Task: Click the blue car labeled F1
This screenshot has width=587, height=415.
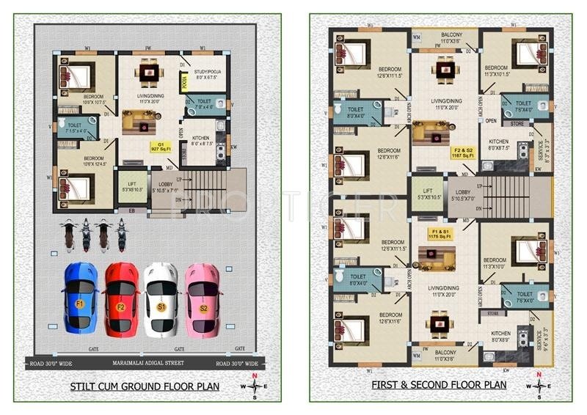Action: (x=81, y=298)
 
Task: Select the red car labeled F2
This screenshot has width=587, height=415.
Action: (x=122, y=298)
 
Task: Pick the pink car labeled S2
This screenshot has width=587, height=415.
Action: (x=203, y=298)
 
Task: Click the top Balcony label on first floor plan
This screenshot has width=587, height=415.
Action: (x=451, y=38)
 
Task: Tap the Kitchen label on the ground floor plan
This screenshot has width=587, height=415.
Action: (x=202, y=140)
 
